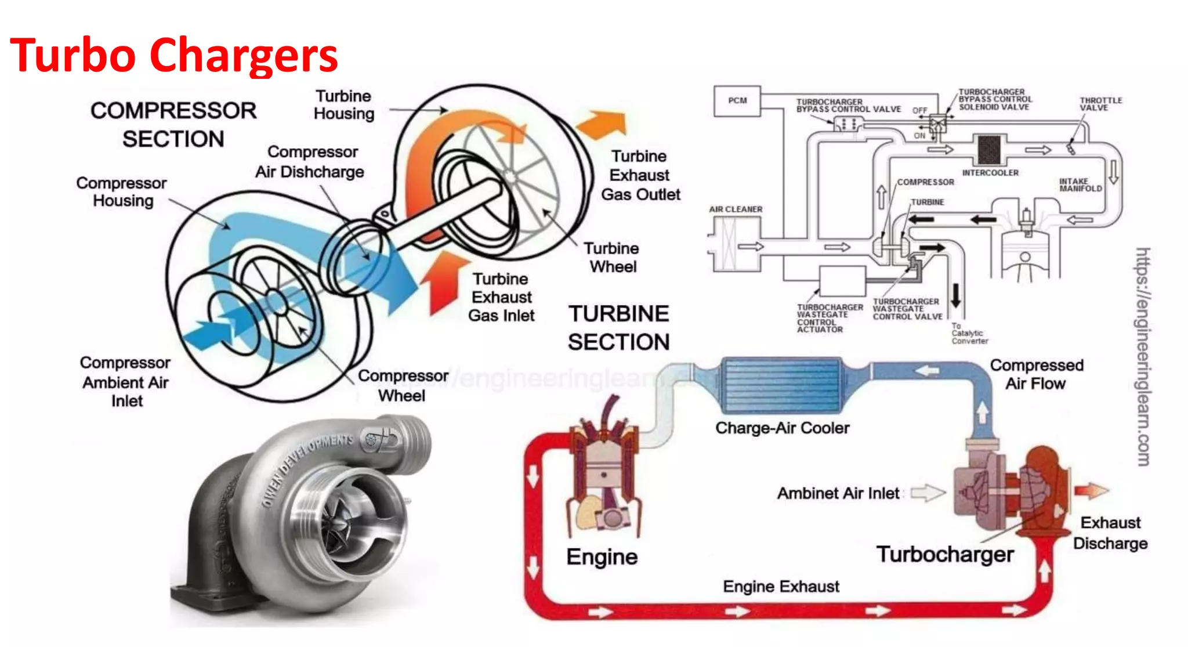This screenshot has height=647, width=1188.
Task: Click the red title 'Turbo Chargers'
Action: [173, 55]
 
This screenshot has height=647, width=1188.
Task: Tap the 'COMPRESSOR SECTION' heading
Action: [173, 124]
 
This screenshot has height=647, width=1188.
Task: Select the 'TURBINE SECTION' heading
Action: [618, 327]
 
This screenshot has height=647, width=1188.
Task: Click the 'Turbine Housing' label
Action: [344, 104]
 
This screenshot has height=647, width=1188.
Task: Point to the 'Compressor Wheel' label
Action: [403, 386]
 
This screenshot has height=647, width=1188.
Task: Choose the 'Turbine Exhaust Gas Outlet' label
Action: [640, 175]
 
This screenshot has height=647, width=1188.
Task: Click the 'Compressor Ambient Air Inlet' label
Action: [125, 381]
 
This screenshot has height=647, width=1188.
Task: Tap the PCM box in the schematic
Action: [737, 101]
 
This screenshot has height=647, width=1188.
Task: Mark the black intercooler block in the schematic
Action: [988, 149]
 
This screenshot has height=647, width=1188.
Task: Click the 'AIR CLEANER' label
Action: [736, 209]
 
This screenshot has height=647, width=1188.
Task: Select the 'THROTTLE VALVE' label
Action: [1100, 104]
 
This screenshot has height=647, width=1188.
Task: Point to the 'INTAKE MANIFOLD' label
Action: [1080, 185]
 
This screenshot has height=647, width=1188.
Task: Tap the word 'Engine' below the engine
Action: [602, 556]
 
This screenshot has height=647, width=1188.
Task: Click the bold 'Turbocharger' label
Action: [944, 554]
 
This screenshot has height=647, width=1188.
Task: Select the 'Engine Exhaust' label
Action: [780, 586]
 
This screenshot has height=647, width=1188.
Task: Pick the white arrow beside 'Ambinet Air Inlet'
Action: [927, 493]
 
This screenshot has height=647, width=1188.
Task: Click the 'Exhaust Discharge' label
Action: [1110, 533]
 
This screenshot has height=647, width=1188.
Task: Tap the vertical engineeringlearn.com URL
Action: [1142, 356]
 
